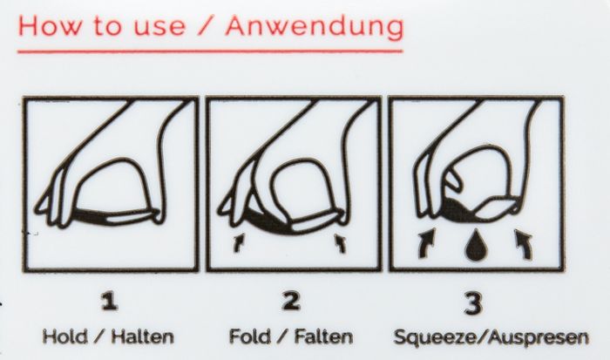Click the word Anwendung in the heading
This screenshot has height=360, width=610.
pos(315,27)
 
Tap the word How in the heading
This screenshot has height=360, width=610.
pos(51,26)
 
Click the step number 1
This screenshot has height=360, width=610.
pos(109,302)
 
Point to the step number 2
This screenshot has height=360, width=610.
pos(291,302)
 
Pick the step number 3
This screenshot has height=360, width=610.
pos(474,302)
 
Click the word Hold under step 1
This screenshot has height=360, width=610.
pos(65,336)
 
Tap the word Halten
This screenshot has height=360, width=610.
pos(142,336)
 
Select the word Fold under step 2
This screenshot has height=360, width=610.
pos(249,336)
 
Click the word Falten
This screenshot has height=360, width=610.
pos(323,336)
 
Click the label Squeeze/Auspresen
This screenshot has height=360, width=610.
pos(491,337)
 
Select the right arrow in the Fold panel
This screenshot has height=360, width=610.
pos(341,243)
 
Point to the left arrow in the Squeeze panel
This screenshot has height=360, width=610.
pos(427,243)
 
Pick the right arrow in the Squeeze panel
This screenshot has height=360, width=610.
pos(524,244)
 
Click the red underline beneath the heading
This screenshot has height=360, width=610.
pos(210,51)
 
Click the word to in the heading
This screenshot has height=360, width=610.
pos(108,27)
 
